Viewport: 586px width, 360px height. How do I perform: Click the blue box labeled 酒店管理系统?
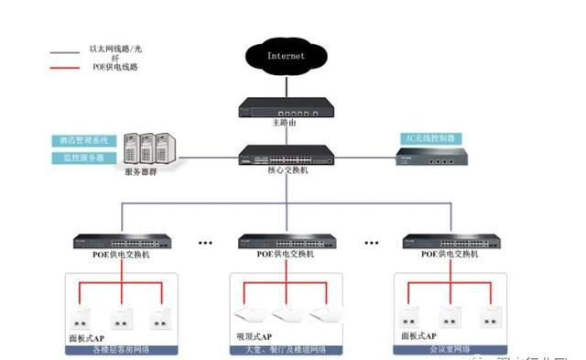[81, 141]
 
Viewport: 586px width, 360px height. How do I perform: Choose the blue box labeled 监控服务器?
[81, 158]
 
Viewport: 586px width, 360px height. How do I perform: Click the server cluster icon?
[150, 147]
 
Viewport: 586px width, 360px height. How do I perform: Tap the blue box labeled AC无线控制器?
[429, 138]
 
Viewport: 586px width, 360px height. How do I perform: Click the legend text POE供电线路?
[110, 68]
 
